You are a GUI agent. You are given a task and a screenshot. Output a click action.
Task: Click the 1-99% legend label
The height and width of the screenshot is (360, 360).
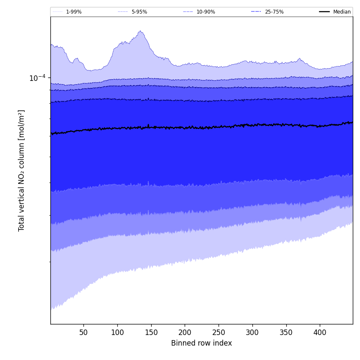point(74,12)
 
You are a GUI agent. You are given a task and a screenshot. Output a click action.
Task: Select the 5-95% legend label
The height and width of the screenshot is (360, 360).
point(139,12)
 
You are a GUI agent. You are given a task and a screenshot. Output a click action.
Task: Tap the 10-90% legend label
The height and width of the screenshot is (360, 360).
point(205,12)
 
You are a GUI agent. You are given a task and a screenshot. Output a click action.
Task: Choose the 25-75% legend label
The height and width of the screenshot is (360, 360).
point(274,12)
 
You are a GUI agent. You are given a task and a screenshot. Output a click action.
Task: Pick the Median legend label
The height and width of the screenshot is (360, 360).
point(342,12)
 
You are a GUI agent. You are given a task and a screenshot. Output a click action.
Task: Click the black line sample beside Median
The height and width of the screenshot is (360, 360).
point(324,12)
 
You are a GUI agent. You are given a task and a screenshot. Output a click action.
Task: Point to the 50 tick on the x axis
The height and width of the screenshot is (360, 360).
point(83,332)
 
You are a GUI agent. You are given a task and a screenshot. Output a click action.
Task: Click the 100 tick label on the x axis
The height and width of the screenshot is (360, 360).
point(117,332)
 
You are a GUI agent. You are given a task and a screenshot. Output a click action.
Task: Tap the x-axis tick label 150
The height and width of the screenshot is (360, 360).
point(151,332)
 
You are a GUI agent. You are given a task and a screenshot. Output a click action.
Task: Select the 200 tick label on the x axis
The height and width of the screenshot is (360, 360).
point(185,332)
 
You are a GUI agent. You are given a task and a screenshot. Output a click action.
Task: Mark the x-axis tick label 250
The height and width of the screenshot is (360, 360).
point(219,332)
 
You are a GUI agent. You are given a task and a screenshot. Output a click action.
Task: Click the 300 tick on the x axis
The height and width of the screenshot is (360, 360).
point(252,332)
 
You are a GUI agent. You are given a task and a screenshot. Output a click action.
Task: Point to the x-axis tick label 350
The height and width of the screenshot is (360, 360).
point(286,332)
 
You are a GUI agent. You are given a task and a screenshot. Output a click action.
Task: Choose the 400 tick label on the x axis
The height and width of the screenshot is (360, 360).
point(320,332)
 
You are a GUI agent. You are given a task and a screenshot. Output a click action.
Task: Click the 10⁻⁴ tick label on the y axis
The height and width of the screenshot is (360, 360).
point(37,78)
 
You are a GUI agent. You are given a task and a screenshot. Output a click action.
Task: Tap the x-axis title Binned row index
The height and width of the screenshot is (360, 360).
point(202,343)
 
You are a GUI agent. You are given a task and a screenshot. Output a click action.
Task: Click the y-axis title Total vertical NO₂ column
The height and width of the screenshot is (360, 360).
point(22,170)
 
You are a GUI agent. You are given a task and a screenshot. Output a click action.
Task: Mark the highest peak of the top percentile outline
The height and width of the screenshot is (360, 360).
point(140,31)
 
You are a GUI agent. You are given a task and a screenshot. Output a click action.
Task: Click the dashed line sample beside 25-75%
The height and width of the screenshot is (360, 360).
point(256,12)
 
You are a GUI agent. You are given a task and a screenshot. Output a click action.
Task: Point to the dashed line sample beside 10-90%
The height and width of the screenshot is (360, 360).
point(188,12)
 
